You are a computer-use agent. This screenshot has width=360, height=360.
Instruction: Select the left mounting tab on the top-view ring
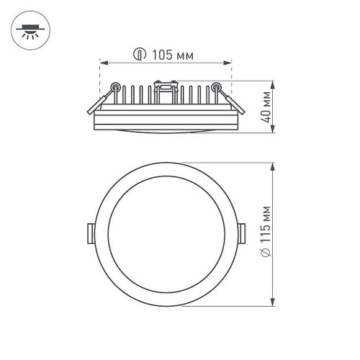91,232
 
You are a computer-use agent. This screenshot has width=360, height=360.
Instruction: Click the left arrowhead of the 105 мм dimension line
102,63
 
